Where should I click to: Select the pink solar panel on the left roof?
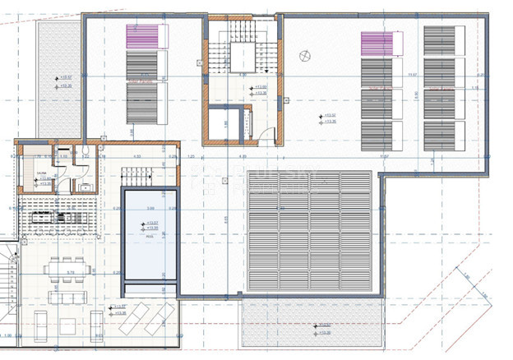[x=141, y=38]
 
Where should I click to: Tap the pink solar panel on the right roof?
[x=377, y=43]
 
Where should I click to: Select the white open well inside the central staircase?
[x=243, y=58]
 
